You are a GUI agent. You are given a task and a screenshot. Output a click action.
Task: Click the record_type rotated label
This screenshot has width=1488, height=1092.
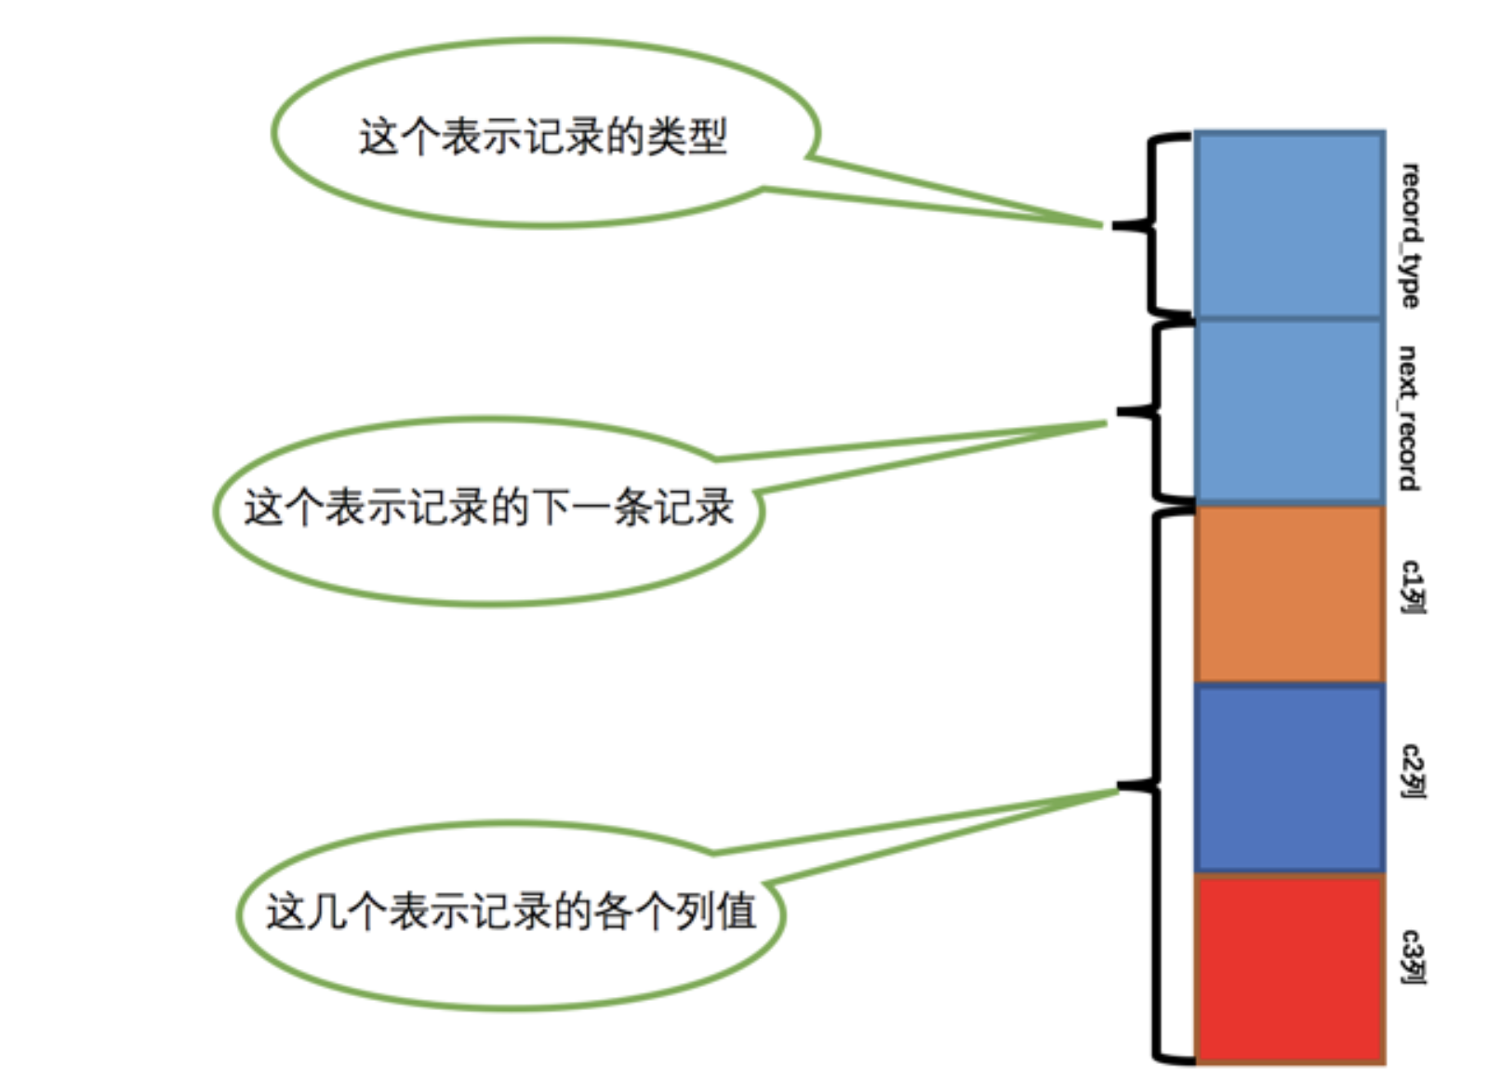[x=1410, y=235]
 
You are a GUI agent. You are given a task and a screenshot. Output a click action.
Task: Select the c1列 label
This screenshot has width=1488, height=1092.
[x=1412, y=587]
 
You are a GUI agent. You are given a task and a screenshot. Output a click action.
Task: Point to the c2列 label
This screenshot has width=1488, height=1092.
[x=1412, y=771]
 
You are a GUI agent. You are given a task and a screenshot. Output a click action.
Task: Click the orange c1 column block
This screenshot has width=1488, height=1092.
[x=1289, y=594]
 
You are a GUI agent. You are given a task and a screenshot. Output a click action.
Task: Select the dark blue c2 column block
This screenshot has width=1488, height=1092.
[x=1289, y=778]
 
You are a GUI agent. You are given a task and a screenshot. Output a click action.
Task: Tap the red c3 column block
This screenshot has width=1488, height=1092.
[x=1289, y=967]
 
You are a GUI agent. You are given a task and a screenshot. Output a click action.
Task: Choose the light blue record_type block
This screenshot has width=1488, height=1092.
[x=1289, y=225]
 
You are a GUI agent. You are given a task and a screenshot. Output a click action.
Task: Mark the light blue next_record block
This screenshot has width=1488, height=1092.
[x=1289, y=411]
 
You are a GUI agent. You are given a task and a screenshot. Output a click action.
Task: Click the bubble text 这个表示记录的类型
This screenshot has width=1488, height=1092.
[x=543, y=137]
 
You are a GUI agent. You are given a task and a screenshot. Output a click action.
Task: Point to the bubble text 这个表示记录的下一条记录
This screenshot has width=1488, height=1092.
[x=489, y=508]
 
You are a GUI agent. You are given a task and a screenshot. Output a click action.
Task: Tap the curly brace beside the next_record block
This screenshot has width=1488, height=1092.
[x=1155, y=411]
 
